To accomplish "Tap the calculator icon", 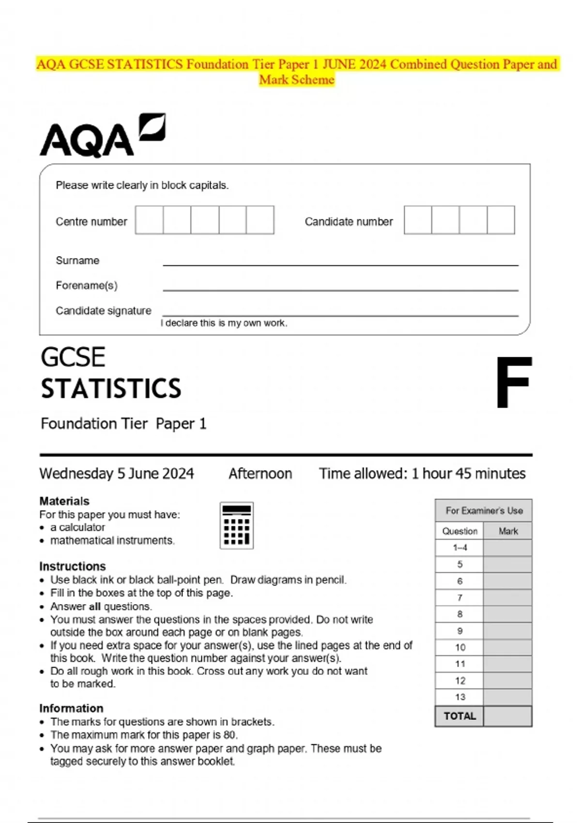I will [236, 525].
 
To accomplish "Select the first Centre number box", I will [149, 220].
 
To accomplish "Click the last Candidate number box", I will [501, 220].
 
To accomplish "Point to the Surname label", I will [77, 260].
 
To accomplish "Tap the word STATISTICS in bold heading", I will [111, 389].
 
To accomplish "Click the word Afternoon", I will [260, 473].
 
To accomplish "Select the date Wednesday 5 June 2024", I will [117, 473].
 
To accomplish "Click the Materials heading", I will [64, 501].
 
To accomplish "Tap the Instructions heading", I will [73, 566].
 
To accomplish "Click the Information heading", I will [71, 708].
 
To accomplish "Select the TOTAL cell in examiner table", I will [459, 716].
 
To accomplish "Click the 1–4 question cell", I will [459, 548].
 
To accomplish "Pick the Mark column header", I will [508, 531].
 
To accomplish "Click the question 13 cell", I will [459, 697].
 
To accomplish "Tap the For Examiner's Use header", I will [484, 511].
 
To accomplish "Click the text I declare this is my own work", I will [224, 323].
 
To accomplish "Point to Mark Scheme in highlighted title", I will [296, 80].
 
